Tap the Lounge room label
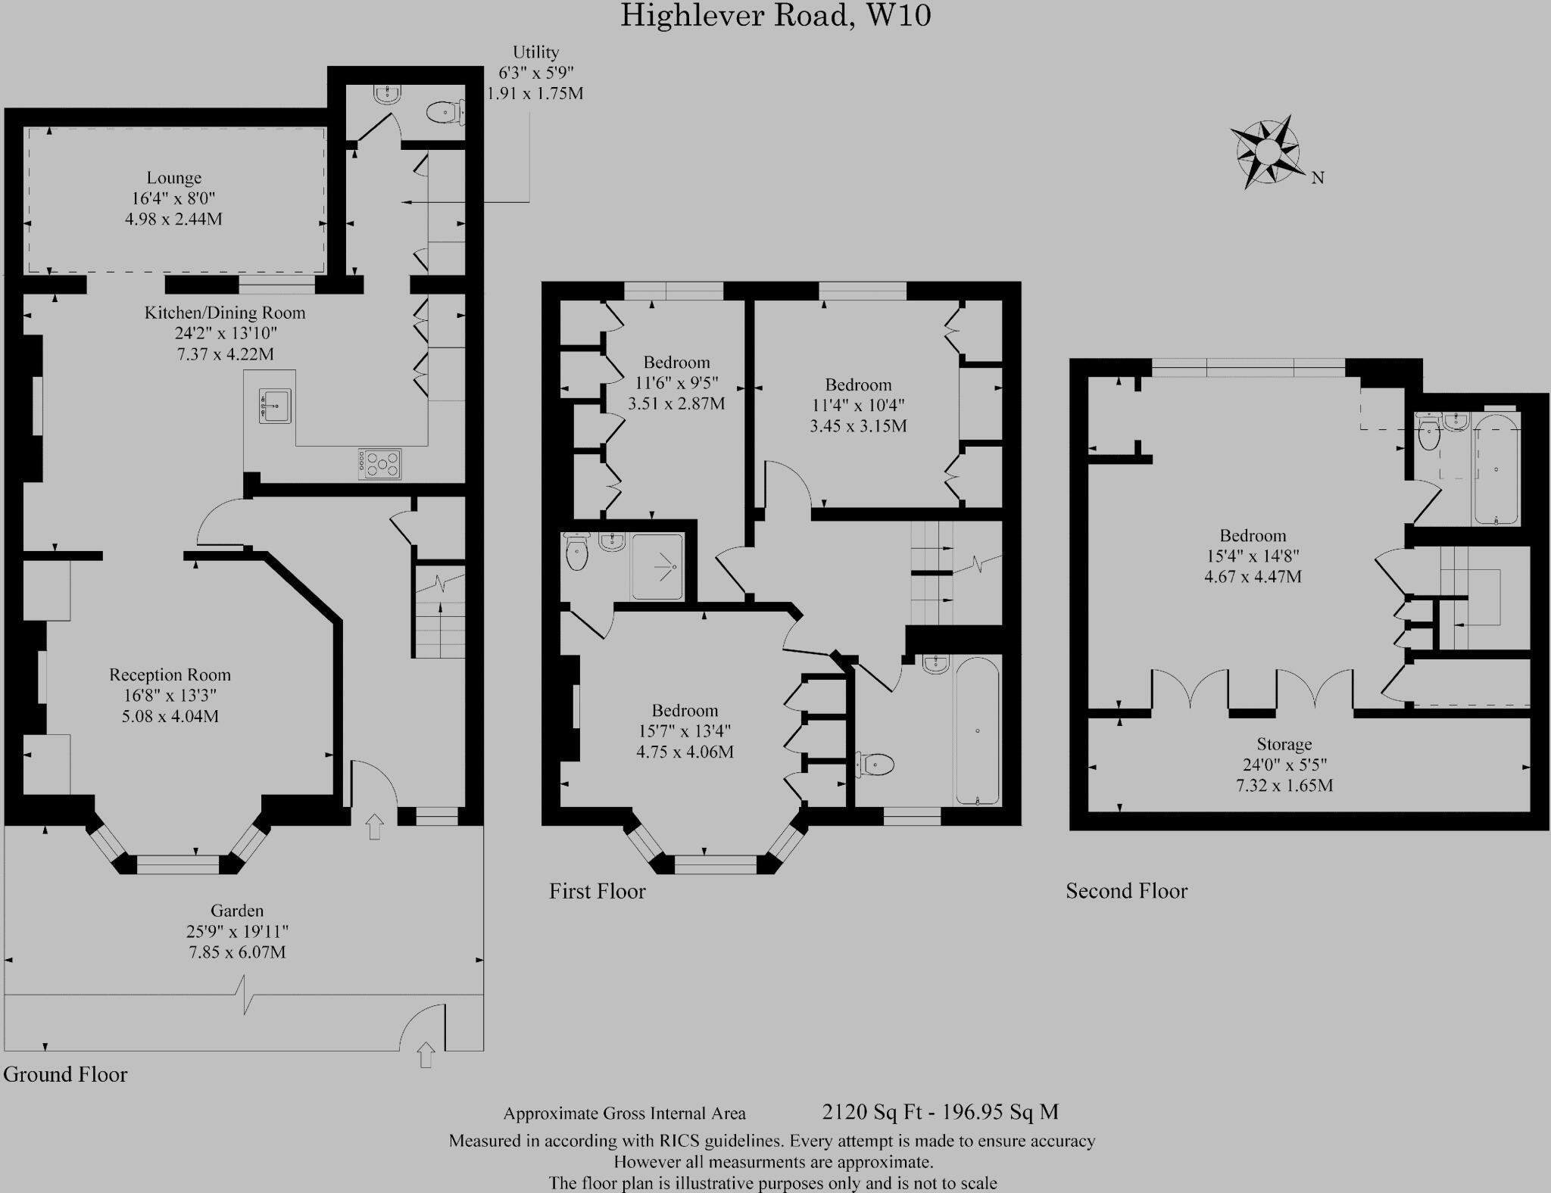174,178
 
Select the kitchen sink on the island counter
274,406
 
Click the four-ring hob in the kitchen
380,463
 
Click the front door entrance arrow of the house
374,827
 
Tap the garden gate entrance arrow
426,1054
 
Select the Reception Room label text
170,674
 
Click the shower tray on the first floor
657,566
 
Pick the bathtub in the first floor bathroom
978,731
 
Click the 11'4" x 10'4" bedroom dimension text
858,405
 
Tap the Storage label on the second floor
1284,744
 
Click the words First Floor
598,891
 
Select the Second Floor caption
1126,891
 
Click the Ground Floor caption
65,1074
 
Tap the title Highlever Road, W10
775,15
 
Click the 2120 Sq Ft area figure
872,1112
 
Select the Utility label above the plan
535,52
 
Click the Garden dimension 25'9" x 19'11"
237,931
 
